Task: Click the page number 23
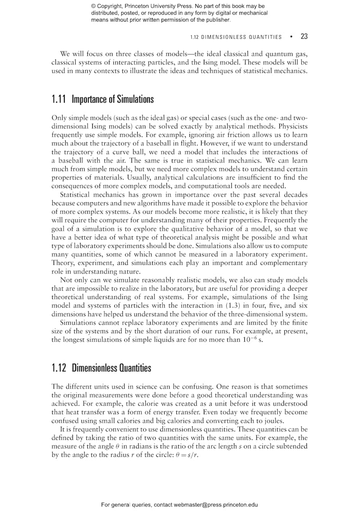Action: pyautogui.click(x=304, y=36)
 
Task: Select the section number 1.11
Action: pyautogui.click(x=59, y=99)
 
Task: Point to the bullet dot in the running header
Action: pyautogui.click(x=291, y=36)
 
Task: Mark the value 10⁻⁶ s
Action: pyautogui.click(x=250, y=340)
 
